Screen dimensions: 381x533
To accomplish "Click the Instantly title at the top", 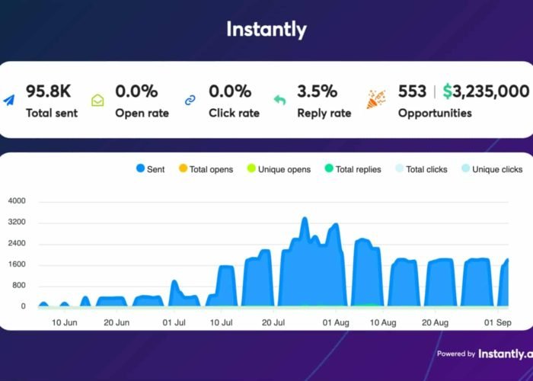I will tap(266, 30).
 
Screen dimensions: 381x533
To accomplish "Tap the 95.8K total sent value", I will tap(49, 91).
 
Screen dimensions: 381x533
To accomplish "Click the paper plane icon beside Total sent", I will tap(9, 100).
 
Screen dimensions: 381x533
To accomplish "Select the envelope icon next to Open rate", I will tap(97, 101).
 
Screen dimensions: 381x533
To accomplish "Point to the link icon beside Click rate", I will tap(190, 101).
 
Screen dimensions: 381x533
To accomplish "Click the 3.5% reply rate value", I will tap(317, 91).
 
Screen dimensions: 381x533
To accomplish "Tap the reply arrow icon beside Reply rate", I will tap(279, 101).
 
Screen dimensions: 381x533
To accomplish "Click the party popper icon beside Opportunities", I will tap(375, 100).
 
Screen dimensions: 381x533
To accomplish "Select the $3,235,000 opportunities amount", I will tap(487, 91).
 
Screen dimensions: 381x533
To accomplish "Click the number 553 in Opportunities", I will tap(412, 91).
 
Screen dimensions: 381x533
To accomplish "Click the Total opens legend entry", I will tap(206, 169).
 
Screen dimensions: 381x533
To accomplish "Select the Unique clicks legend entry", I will tap(491, 169).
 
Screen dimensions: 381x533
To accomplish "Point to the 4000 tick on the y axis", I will tap(16, 201).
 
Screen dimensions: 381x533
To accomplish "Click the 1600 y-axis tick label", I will tap(16, 265).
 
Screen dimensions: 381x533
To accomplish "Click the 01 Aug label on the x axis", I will tap(335, 322).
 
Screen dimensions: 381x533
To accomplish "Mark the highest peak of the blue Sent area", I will tap(305, 219).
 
